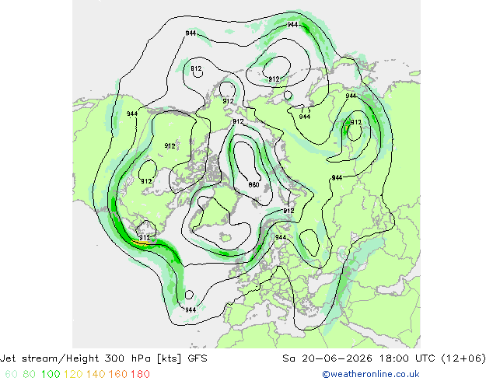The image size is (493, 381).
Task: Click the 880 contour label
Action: [253, 185]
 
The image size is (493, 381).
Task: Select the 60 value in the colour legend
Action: [12, 374]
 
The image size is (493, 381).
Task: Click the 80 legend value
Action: [30, 374]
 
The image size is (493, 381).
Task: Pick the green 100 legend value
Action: [51, 374]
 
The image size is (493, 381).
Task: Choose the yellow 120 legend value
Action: [73, 374]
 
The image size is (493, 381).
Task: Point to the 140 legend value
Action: [96, 374]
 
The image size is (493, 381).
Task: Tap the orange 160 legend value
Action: [118, 374]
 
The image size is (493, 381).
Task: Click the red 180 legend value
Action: [140, 374]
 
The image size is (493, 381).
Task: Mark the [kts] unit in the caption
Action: [170, 358]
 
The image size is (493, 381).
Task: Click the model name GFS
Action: [198, 358]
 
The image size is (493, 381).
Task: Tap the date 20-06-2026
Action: [337, 358]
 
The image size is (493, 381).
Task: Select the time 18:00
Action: [393, 358]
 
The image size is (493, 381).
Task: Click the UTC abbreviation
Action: [425, 358]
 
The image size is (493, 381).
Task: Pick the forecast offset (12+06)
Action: [463, 358]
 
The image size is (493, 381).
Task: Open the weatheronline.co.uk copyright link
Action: [371, 374]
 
